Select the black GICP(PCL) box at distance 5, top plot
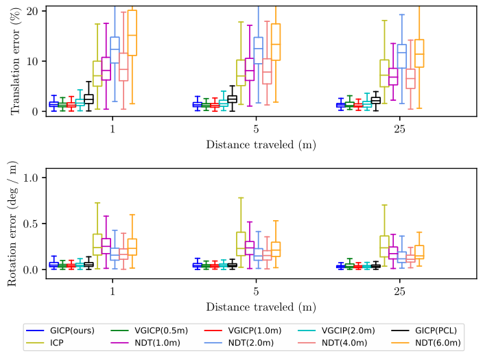(232, 99)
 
